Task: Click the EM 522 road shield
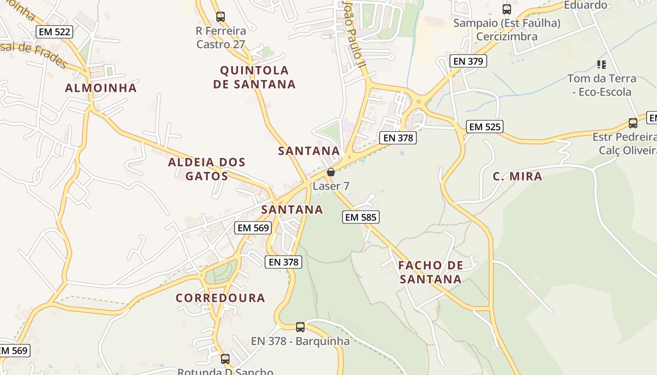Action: pos(54,32)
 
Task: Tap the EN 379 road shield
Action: pos(468,61)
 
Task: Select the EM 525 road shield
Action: pos(485,127)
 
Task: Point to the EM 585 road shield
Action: pos(360,217)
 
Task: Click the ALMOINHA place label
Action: pos(101,88)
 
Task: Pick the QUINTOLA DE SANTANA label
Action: pos(254,77)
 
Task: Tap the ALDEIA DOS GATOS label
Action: pos(207,169)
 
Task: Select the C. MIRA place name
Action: pos(517,177)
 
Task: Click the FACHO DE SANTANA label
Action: pos(430,272)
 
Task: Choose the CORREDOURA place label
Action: pos(221,298)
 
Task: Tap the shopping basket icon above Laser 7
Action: pos(331,172)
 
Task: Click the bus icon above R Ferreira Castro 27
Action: pos(221,17)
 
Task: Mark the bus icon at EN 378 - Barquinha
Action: pos(300,327)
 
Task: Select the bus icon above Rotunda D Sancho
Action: pos(225,359)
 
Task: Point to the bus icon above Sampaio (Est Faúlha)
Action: pos(506,9)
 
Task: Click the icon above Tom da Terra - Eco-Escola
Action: pos(601,64)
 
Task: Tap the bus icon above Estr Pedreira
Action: pos(633,123)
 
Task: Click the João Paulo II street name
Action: pos(353,33)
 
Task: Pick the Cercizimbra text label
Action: pos(507,37)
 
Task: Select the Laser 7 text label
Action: pos(331,186)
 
